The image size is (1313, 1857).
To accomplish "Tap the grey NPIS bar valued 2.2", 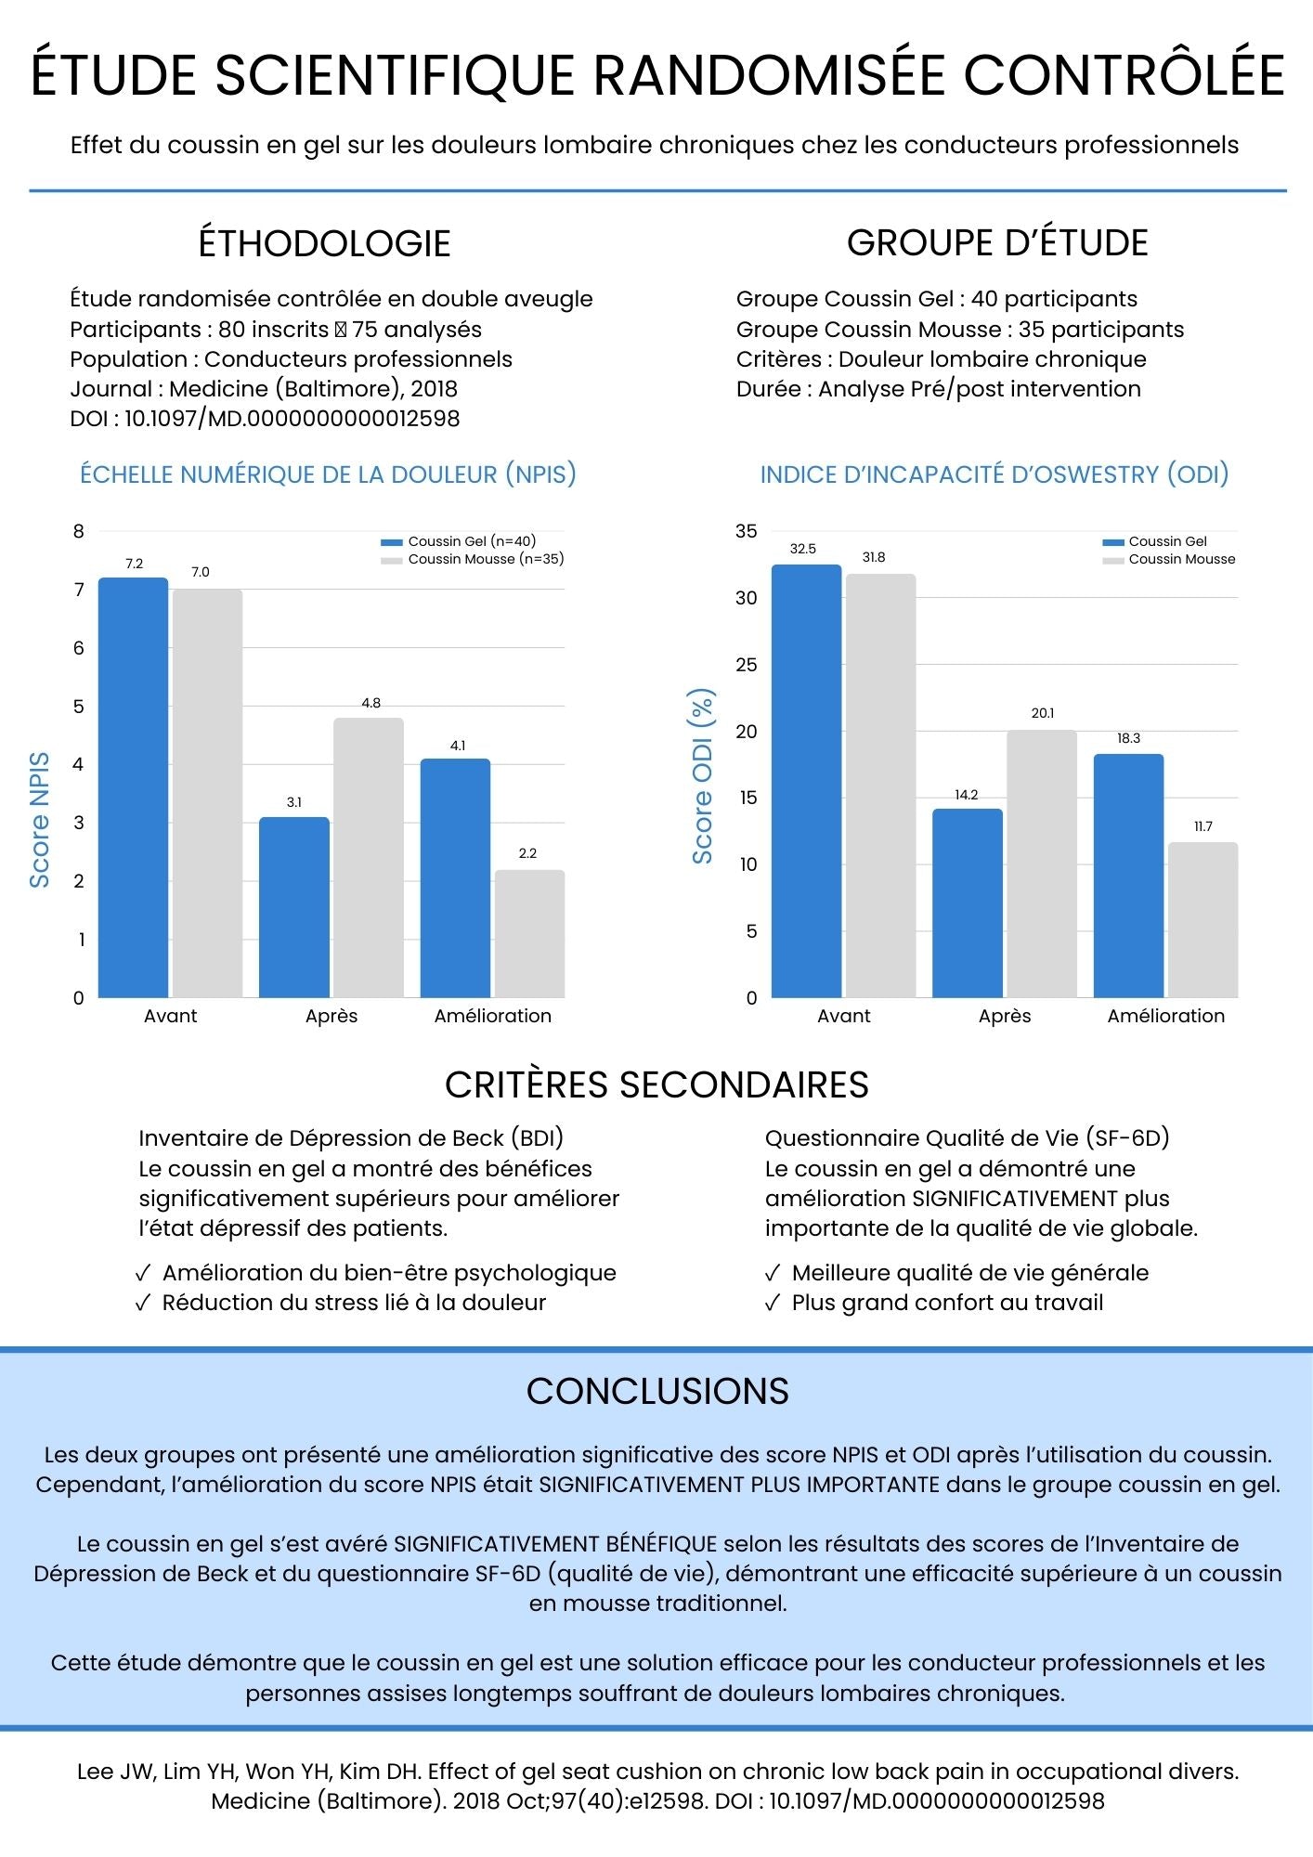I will (529, 933).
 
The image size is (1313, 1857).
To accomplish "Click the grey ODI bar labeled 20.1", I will (1042, 864).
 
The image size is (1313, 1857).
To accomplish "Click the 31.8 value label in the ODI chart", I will (874, 557).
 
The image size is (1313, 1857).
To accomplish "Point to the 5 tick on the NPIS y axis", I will (79, 706).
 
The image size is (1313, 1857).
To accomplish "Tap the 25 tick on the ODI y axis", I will (747, 665).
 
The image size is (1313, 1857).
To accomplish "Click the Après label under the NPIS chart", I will (331, 1016).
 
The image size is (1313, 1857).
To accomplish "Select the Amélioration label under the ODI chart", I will (1165, 1016).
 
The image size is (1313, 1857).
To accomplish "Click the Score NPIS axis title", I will (39, 820).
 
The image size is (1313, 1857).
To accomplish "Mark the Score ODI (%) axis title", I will (702, 776).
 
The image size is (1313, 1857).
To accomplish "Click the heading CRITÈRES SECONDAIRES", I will (656, 1084).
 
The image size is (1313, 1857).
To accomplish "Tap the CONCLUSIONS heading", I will (656, 1391).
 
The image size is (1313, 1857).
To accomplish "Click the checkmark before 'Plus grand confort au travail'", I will (773, 1303).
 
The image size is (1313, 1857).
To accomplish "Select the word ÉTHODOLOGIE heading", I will (324, 243).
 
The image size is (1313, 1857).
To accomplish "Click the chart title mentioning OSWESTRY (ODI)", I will (994, 474).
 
